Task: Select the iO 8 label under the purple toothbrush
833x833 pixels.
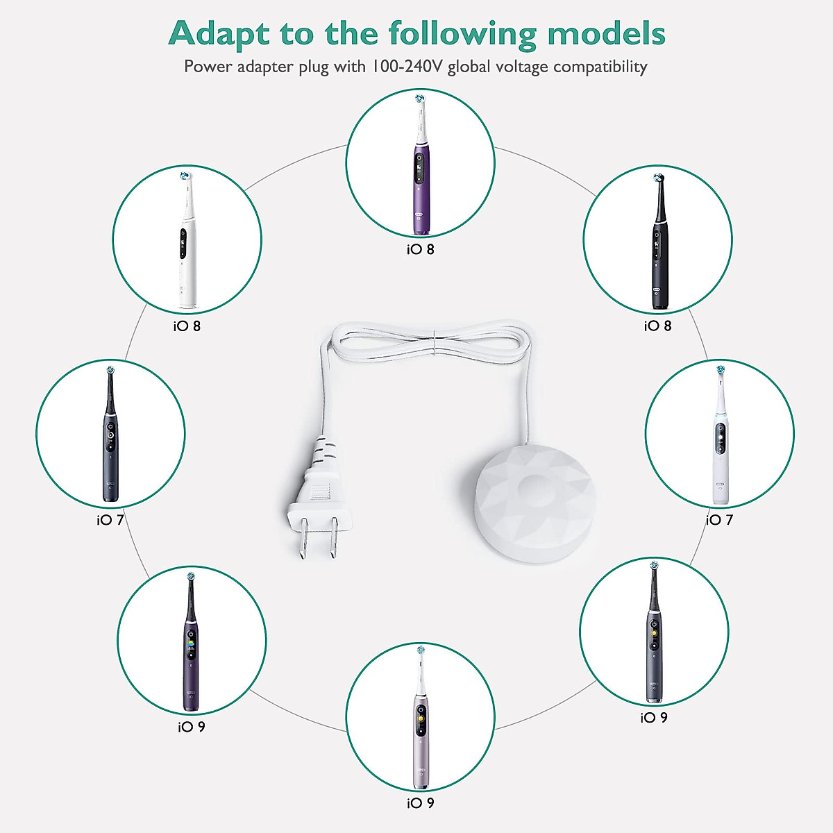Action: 421,249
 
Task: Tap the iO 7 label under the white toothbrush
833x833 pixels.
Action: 720,520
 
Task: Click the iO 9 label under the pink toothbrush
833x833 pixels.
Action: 421,803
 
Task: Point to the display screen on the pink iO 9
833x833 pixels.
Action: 421,725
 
